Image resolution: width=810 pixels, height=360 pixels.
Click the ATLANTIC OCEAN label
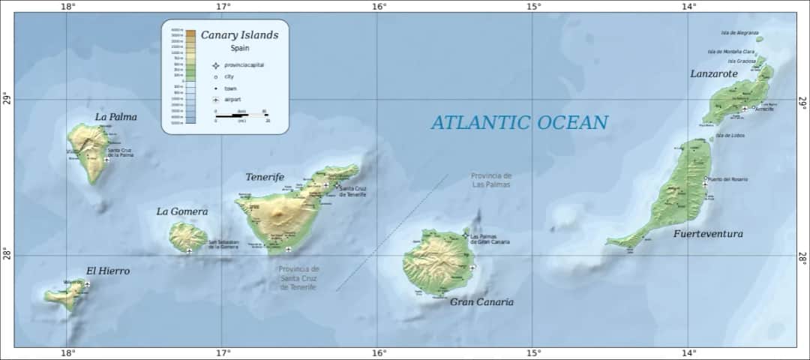(519, 122)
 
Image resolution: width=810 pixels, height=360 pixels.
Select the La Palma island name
(116, 117)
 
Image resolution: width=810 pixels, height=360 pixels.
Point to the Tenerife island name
(265, 177)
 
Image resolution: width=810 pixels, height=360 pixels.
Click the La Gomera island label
(181, 211)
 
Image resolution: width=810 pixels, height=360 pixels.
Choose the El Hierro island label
(108, 271)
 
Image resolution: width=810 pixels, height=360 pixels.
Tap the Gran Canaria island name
(481, 302)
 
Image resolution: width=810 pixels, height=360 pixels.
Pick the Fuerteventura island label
(708, 234)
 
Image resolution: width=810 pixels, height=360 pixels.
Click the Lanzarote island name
(713, 73)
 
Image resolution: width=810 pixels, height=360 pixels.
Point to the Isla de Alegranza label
(739, 33)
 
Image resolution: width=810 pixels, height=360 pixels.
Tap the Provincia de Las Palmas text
(491, 179)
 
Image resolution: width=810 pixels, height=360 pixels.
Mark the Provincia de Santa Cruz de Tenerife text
(298, 278)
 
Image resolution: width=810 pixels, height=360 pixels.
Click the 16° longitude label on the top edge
(378, 7)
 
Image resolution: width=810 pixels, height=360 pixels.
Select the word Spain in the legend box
(239, 47)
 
